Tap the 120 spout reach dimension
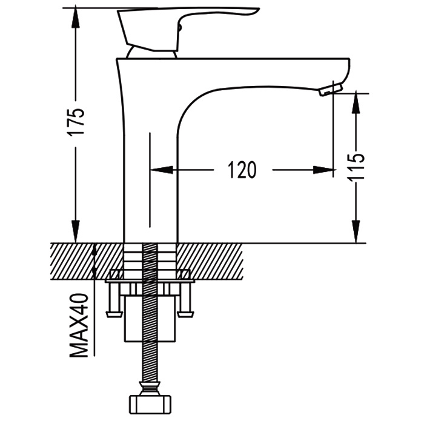[x=242, y=170]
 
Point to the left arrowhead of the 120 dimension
[x=159, y=170]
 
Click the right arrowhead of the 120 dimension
[x=326, y=170]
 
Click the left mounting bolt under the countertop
[x=114, y=300]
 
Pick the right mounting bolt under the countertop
[x=186, y=300]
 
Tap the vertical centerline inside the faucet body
[x=149, y=182]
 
